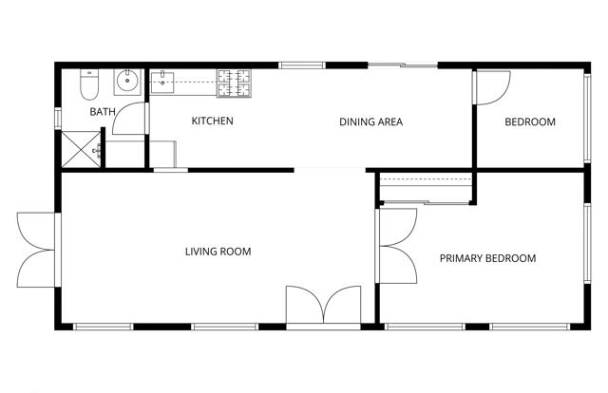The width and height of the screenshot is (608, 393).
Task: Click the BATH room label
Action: tap(103, 112)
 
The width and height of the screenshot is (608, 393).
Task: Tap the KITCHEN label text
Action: tap(213, 122)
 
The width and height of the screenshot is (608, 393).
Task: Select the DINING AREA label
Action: tap(371, 122)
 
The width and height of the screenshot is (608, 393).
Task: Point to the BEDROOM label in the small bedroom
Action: tap(529, 122)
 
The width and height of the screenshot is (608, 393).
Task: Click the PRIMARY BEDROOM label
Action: tap(487, 258)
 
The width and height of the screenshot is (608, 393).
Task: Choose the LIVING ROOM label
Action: tap(218, 252)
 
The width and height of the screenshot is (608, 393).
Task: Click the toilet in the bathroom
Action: tap(87, 85)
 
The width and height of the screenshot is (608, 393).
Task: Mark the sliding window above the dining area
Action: tap(403, 65)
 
